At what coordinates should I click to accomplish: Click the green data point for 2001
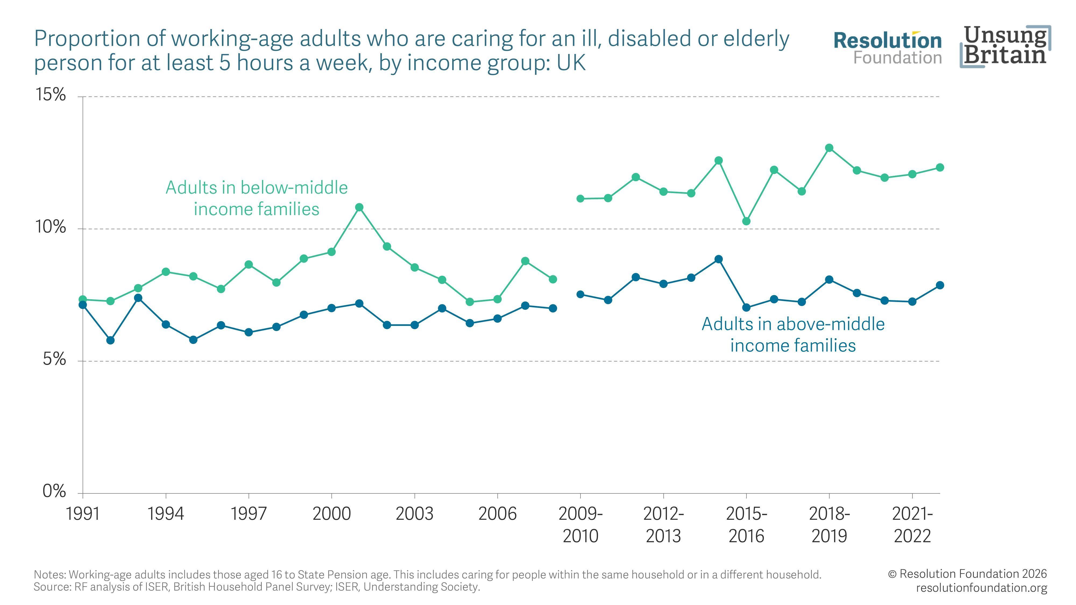359,207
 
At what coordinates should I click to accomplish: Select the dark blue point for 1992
110,340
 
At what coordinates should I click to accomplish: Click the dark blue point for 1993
138,298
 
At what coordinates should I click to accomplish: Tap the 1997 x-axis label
249,514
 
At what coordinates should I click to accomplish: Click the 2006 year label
497,514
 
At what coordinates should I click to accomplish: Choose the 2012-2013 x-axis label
663,525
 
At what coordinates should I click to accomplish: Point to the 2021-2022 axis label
912,525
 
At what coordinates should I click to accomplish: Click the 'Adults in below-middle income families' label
256,198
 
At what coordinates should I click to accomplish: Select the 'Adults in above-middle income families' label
793,334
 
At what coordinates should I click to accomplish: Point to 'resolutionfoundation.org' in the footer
982,588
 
